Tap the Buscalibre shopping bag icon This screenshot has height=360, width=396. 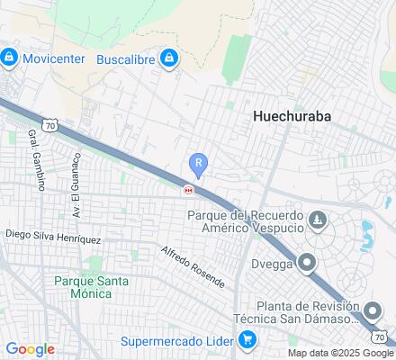[x=168, y=59]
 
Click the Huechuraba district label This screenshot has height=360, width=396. [x=292, y=116]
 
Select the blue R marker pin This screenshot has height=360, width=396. [x=198, y=164]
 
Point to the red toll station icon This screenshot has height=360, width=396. [x=188, y=189]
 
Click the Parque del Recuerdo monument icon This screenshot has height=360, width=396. [x=318, y=220]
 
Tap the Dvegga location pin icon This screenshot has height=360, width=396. [x=307, y=264]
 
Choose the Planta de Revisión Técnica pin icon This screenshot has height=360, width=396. [x=373, y=312]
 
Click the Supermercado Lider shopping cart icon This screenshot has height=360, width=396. [x=246, y=340]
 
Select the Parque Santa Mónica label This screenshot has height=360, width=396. [x=90, y=288]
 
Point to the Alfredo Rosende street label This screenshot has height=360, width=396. [x=193, y=265]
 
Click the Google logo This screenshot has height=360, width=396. [x=30, y=349]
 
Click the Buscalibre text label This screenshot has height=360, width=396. [x=125, y=59]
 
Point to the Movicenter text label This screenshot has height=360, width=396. [x=53, y=59]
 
